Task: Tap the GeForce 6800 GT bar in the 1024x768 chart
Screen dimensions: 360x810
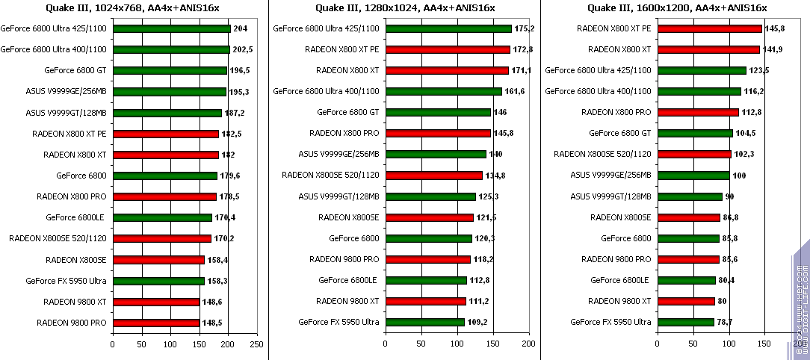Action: tap(170, 71)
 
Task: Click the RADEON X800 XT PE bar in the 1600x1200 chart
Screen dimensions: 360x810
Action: tap(709, 29)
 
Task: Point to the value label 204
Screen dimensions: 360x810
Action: tap(241, 29)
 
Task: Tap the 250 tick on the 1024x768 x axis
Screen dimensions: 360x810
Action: tap(256, 344)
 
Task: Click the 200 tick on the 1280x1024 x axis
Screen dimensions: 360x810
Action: tap(528, 344)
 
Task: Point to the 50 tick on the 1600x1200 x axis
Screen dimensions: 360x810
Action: tap(693, 344)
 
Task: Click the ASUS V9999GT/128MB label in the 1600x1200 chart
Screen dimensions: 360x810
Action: tap(610, 196)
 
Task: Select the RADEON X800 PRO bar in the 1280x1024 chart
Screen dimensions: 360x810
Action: tap(438, 134)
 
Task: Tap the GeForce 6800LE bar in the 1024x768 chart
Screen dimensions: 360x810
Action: tap(162, 218)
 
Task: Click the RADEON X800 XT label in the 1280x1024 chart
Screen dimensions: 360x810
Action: tap(347, 71)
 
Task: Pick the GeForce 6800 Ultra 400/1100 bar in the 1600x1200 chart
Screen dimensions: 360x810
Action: tap(699, 92)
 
